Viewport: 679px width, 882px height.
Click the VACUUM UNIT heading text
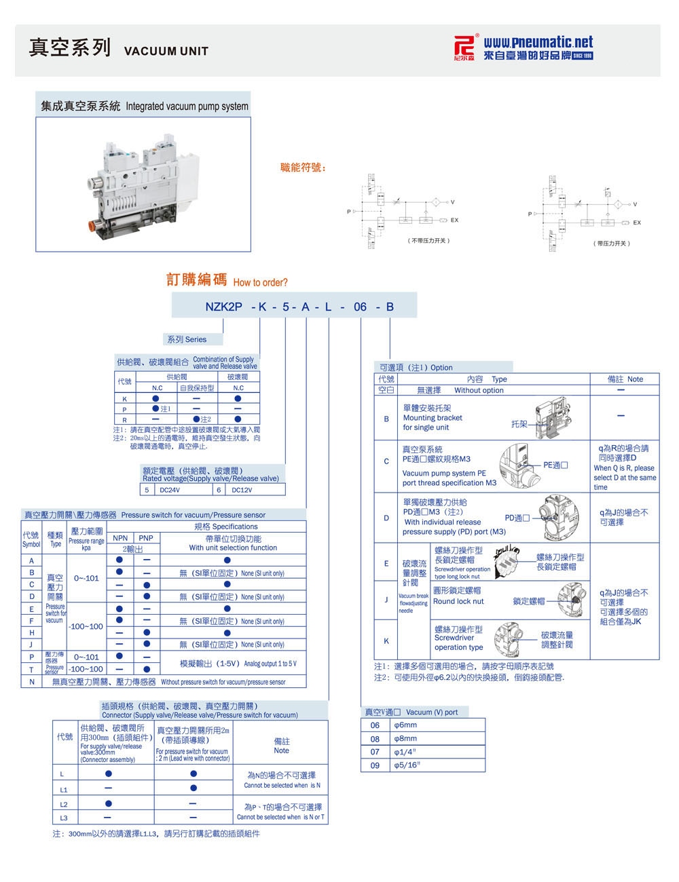(x=166, y=51)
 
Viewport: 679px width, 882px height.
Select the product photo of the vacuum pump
(x=143, y=183)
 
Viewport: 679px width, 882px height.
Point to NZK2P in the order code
(x=223, y=307)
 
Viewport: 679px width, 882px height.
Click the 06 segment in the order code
(x=360, y=307)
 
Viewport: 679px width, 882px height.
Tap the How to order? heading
(x=260, y=282)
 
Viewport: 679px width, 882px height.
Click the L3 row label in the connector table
(x=64, y=818)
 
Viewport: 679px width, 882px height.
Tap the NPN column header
(x=120, y=537)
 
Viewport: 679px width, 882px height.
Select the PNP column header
(x=146, y=537)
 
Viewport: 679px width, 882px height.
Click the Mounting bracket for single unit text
(x=433, y=418)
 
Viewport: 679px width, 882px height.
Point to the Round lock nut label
(x=458, y=601)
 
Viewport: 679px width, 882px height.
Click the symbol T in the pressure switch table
(x=31, y=669)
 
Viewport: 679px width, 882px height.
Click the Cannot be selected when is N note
(x=282, y=785)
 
